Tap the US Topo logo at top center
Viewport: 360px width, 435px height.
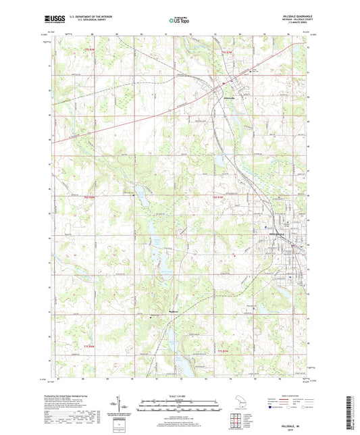point(179,22)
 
